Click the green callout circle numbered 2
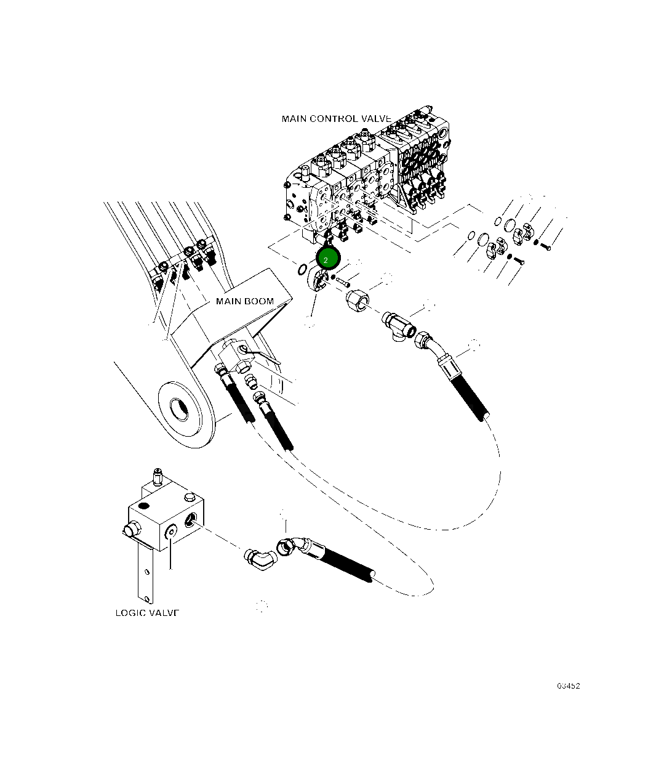point(327,259)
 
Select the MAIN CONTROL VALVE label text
point(336,118)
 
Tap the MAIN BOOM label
point(244,301)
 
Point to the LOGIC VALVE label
point(147,613)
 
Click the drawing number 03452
point(568,686)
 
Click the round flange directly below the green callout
point(318,280)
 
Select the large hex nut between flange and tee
point(356,301)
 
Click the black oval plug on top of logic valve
point(144,505)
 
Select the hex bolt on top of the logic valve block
point(188,495)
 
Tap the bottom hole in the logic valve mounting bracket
point(146,596)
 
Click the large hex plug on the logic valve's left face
point(130,529)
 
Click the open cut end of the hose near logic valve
point(372,575)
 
